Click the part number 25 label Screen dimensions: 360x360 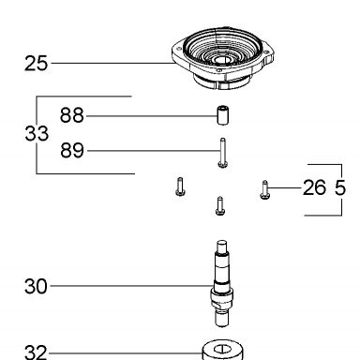coord(36,64)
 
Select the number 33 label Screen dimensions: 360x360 coord(37,133)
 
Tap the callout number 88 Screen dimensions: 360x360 coord(72,115)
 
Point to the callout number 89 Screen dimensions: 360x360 coord(72,150)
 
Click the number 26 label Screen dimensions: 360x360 coord(314,187)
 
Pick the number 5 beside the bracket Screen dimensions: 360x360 coord(340,187)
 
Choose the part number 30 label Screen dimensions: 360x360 coord(36,286)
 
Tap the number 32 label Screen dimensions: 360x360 coord(36,352)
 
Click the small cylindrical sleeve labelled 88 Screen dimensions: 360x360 coord(222,115)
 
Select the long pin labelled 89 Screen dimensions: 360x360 coord(223,153)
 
